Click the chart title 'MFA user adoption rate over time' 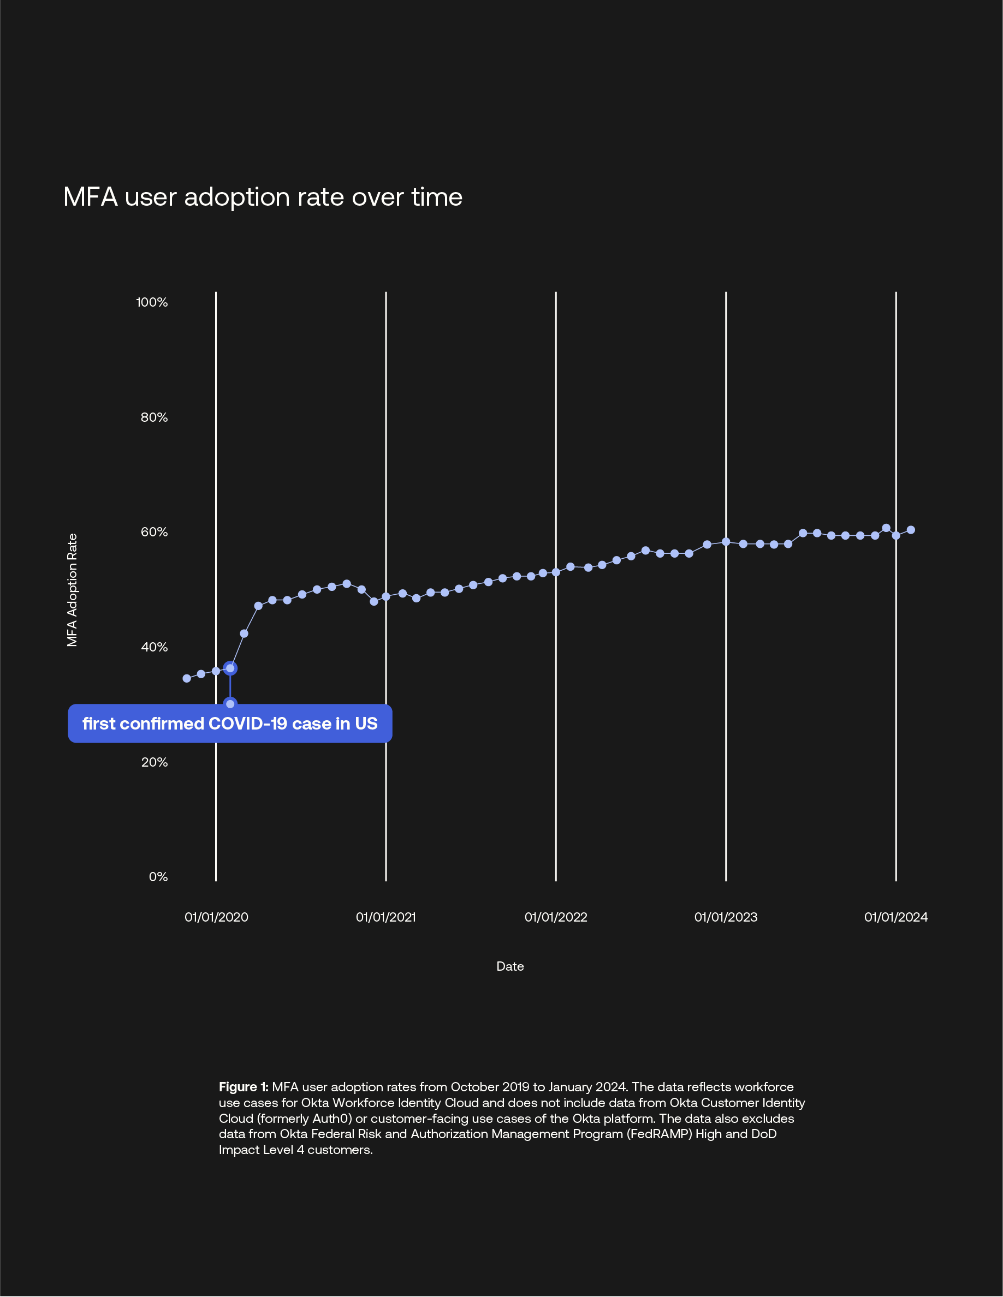(262, 197)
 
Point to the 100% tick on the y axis (152, 302)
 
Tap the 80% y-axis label (154, 417)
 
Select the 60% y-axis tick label (154, 532)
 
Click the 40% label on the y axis (154, 647)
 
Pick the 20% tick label (154, 762)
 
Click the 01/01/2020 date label (216, 918)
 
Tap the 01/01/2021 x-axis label (385, 918)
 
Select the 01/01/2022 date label (556, 918)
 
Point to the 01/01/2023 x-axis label (726, 918)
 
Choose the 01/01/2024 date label (895, 918)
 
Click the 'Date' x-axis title (510, 967)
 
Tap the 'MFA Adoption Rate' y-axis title (72, 590)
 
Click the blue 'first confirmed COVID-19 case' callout (230, 724)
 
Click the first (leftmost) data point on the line (187, 678)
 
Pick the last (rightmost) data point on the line (910, 530)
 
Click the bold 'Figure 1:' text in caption (244, 1087)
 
